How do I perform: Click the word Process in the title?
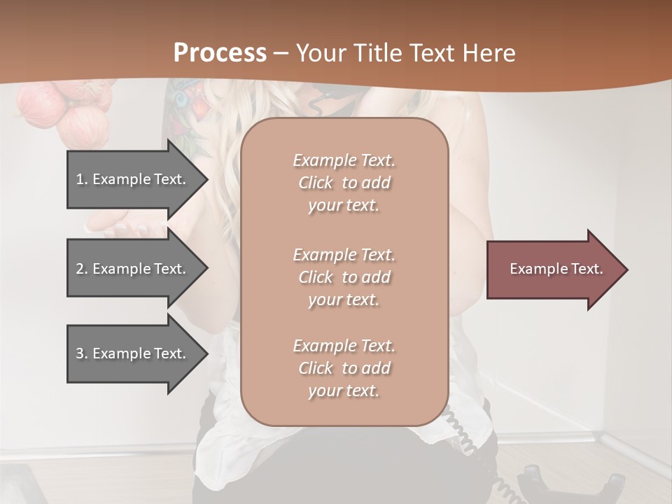pos(220,53)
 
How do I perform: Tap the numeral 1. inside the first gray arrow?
pos(82,179)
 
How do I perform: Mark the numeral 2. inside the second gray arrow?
pos(82,269)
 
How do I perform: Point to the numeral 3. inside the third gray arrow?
pos(82,353)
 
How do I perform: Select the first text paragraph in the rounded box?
pos(344,183)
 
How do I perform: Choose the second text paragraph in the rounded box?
pos(344,277)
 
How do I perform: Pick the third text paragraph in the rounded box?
pos(344,368)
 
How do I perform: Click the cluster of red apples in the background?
pos(66,112)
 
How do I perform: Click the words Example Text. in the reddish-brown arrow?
pos(556,269)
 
